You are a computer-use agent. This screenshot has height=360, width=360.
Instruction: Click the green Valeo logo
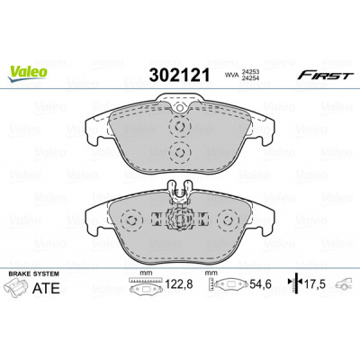28,73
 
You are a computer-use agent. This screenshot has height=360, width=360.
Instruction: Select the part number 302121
179,75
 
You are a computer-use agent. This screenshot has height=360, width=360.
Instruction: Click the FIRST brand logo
323,76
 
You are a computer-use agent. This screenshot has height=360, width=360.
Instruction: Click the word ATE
46,288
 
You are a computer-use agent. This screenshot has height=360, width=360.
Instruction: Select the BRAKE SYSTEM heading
33,274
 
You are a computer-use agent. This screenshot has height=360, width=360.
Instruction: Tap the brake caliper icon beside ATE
17,287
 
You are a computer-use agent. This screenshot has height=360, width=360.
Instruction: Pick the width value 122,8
179,283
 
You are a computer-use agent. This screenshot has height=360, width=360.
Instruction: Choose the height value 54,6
260,283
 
